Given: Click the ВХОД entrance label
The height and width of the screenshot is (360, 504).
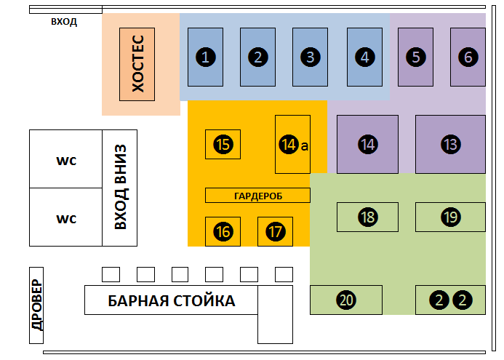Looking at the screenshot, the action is pyautogui.click(x=64, y=22).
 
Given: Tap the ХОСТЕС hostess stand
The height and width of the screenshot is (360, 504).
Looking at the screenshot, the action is pyautogui.click(x=137, y=64).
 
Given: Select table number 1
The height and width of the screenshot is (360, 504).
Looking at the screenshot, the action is pyautogui.click(x=205, y=57).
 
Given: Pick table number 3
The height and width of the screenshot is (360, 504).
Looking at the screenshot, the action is pyautogui.click(x=310, y=57).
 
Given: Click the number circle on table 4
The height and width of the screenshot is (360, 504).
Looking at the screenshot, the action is pyautogui.click(x=365, y=57).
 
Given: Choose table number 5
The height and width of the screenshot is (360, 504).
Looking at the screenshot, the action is pyautogui.click(x=415, y=57).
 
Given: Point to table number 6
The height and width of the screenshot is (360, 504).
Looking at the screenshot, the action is pyautogui.click(x=468, y=57).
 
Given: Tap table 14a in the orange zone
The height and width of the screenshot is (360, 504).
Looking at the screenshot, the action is pyautogui.click(x=293, y=144).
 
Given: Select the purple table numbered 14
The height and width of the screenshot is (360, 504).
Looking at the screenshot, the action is pyautogui.click(x=368, y=144).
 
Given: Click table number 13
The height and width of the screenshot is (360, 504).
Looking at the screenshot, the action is pyautogui.click(x=451, y=144).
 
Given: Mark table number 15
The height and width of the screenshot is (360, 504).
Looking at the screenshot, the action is pyautogui.click(x=223, y=144).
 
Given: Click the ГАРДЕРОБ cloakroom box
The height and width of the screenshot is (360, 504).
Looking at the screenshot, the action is pyautogui.click(x=257, y=196).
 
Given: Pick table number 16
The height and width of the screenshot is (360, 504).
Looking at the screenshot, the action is pyautogui.click(x=223, y=232).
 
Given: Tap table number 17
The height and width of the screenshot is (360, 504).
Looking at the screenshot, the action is pyautogui.click(x=275, y=232).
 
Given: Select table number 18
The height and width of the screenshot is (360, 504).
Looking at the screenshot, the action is pyautogui.click(x=368, y=217).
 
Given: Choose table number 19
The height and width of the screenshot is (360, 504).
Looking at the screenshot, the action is pyautogui.click(x=451, y=217).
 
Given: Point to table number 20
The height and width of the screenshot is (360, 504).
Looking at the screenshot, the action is pyautogui.click(x=346, y=300).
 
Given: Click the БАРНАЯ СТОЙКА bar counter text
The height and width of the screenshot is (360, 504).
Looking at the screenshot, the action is pyautogui.click(x=172, y=301).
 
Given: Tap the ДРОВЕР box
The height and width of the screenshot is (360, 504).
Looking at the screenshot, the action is pyautogui.click(x=36, y=305).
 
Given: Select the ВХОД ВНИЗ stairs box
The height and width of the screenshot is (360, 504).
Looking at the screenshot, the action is pyautogui.click(x=120, y=188).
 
